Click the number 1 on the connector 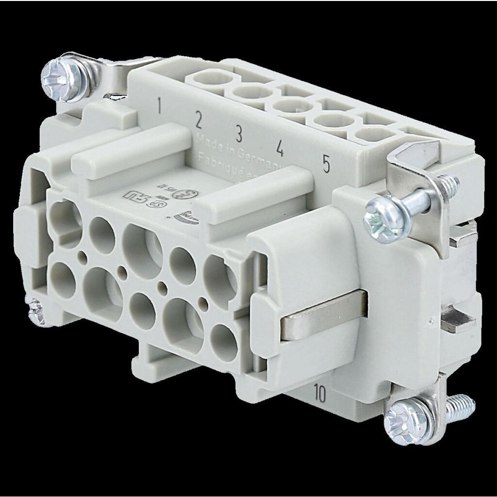pos(159,104)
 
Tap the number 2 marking pos(198,118)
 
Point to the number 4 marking pos(280,148)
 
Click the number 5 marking pos(326,165)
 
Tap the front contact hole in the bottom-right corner pos(224,342)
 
